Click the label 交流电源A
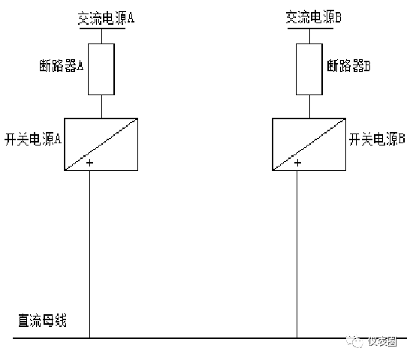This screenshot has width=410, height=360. pos(106,18)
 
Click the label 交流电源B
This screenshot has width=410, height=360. pos(314,17)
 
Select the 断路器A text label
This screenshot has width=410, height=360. pos(62,65)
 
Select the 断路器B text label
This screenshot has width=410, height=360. pos(349,65)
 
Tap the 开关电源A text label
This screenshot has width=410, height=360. pos(33,139)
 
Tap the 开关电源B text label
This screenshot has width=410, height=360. pos(377,139)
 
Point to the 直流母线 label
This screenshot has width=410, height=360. pos(42,320)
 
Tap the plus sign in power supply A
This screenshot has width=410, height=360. pos(89,163)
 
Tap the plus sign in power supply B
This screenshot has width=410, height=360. pos(297,163)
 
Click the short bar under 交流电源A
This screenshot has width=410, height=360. pos(102,28)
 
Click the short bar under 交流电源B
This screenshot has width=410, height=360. pos(310,28)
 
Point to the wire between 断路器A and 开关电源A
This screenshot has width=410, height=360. pos(101,106)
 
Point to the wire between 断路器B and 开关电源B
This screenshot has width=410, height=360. pos(310,106)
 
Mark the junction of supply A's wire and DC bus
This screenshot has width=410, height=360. pos(89,338)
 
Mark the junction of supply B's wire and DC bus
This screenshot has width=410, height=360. pos(297,338)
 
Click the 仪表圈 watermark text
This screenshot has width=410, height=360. pos(382,341)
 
